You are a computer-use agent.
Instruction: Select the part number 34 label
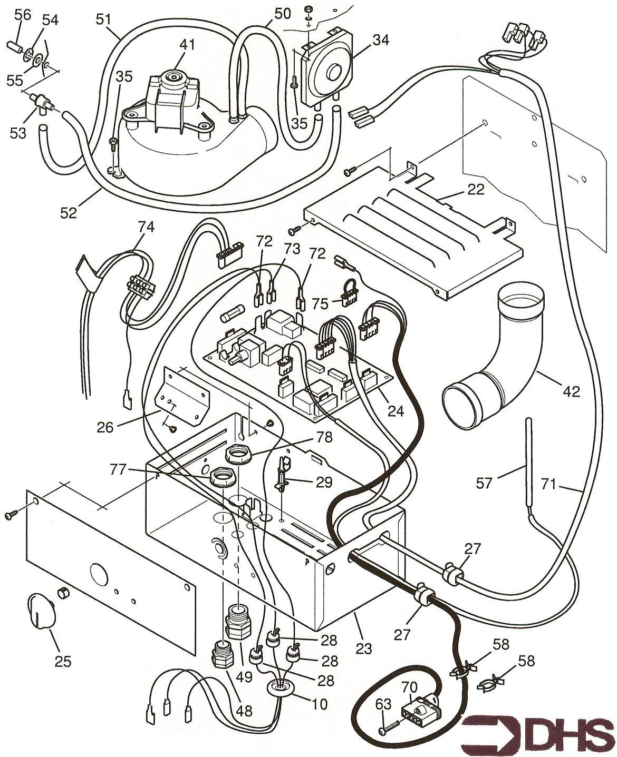click(x=379, y=40)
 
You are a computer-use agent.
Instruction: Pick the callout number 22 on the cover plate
click(x=476, y=190)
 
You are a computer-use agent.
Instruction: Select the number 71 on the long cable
click(x=549, y=484)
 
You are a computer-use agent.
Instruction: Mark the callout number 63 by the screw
click(x=384, y=704)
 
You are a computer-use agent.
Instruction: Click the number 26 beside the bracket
click(x=105, y=427)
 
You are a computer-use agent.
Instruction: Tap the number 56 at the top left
click(x=23, y=15)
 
